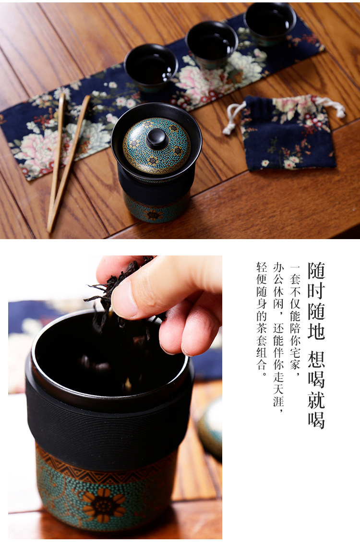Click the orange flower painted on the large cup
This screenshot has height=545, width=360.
coord(104,505)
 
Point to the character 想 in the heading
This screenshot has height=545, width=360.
coord(316,360)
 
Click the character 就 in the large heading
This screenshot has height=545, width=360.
coord(316,400)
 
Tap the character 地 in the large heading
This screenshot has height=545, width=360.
coord(316,330)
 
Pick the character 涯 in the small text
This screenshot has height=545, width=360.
coord(278,401)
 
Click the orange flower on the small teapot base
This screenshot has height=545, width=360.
coord(153,215)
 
